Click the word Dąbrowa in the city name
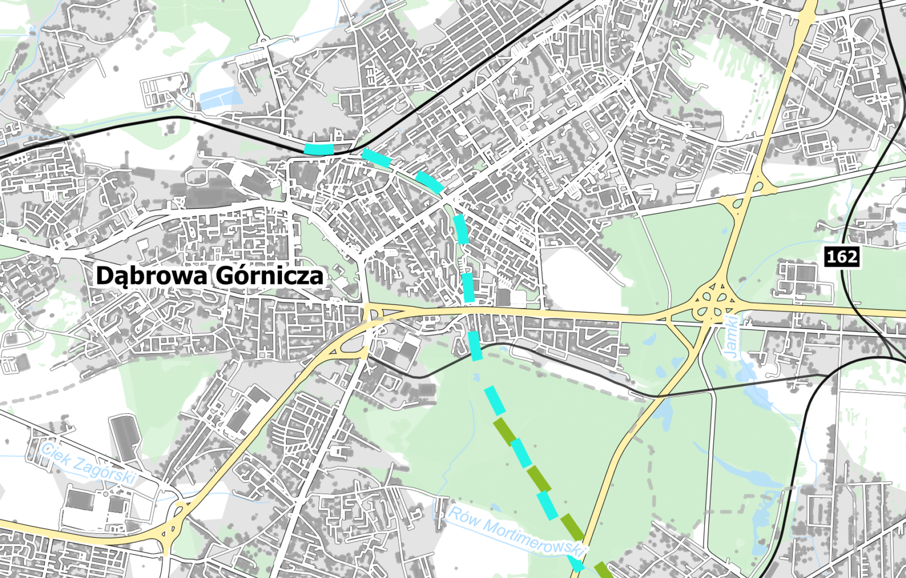[152, 276]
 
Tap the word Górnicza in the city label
[269, 276]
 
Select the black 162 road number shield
[842, 256]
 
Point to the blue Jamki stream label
[732, 336]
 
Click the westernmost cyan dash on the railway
[319, 149]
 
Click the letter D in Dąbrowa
[104, 276]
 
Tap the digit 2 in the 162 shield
[851, 257]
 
